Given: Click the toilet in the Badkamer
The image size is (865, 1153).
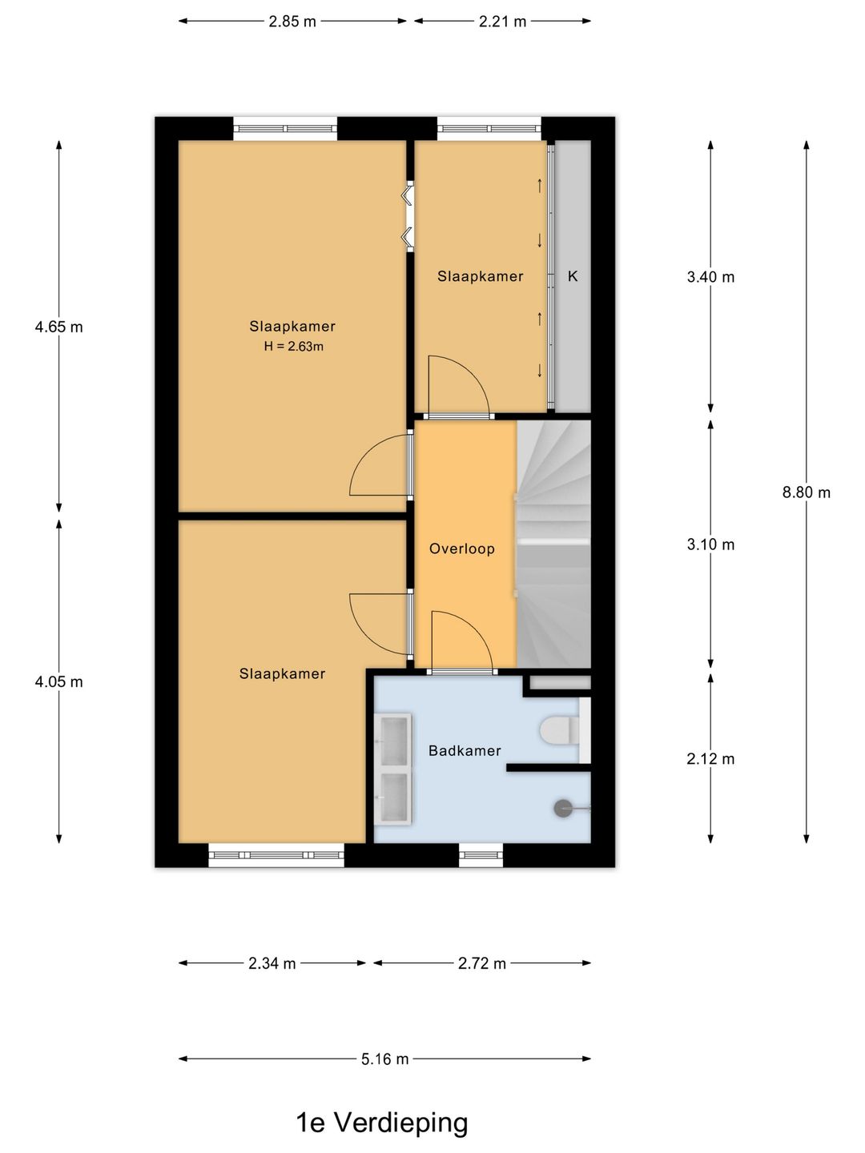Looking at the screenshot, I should point(558,730).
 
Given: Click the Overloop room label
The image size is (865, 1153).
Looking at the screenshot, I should point(462,548).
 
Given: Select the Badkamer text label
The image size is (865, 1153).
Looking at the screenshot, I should point(465,750).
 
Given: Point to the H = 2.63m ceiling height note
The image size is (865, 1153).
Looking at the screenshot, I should point(293,347).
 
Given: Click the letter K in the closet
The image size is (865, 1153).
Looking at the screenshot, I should point(573,276).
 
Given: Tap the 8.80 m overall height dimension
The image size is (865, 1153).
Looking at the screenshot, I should point(806,492).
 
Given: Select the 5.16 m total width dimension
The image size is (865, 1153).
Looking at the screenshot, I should point(384,1059).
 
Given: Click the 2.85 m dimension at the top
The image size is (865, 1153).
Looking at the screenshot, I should point(292,22).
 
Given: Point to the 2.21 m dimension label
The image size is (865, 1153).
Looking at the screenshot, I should point(502,22).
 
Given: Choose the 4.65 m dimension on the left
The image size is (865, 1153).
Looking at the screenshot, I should point(58,327).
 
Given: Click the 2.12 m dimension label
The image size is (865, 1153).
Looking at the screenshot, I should point(710,759).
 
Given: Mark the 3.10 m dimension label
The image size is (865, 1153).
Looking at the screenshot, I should point(710,544).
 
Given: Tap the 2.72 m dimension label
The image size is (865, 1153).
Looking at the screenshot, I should point(481,963).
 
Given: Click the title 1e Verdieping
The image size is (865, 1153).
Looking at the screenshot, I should point(382,1123).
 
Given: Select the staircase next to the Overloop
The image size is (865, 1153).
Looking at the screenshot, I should point(553,544).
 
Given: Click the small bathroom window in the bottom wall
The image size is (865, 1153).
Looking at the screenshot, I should point(481,856).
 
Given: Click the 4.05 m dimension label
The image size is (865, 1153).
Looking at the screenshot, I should point(58,682).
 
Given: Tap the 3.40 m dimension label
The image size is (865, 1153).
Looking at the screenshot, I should point(710,277).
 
